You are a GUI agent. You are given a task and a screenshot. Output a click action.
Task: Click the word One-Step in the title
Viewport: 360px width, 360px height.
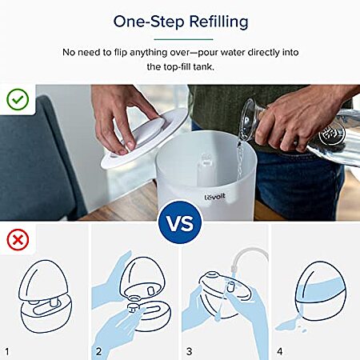click(x=149, y=22)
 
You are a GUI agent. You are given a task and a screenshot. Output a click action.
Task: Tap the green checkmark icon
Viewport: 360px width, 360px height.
click(x=18, y=99)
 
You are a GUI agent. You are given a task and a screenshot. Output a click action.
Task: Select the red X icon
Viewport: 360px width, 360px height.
click(x=18, y=240)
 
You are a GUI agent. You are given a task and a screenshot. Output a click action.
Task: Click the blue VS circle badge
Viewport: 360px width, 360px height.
click(x=180, y=222)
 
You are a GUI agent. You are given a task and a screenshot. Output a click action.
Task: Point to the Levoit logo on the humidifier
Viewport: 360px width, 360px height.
click(x=215, y=197)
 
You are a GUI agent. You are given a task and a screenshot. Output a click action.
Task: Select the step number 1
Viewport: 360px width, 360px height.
click(x=7, y=351)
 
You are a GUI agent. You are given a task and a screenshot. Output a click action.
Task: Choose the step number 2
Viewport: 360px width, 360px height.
click(x=98, y=351)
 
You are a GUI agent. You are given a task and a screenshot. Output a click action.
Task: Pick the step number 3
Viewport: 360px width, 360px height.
click(x=189, y=351)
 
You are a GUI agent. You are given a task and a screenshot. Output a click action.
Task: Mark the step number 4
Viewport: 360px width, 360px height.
click(x=280, y=351)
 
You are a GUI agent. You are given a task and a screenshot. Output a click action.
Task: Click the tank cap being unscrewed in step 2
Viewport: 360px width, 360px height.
click(x=133, y=307)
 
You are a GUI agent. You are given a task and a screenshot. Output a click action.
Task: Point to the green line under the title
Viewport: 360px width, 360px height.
click(x=183, y=39)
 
